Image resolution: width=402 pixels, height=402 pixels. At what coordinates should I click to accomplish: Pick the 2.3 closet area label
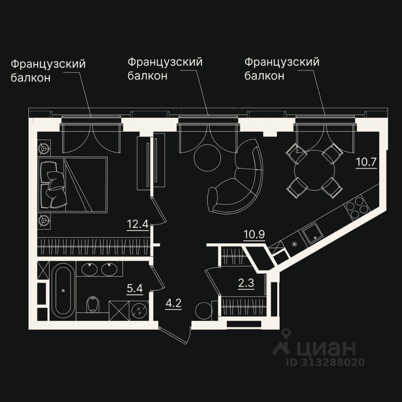click(x=246, y=283)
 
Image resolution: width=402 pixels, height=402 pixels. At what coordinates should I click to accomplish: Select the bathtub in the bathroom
click(x=63, y=289)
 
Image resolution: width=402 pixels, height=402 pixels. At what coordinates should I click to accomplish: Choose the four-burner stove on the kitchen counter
click(x=356, y=207)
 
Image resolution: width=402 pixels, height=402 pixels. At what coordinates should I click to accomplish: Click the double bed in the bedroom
click(x=73, y=184)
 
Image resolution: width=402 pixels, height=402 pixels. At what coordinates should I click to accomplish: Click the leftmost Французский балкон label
click(x=48, y=70)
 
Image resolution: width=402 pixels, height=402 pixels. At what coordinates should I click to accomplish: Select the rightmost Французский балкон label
click(x=282, y=69)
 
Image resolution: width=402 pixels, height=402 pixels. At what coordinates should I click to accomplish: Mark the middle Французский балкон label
click(x=165, y=69)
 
